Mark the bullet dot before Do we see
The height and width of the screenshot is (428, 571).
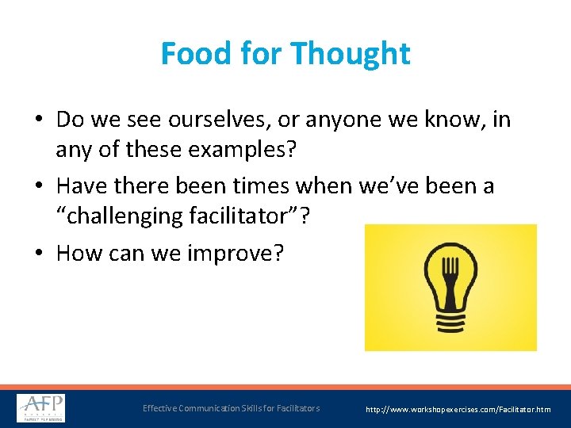(40, 121)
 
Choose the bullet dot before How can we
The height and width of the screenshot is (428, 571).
(40, 253)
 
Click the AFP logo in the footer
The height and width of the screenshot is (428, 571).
(41, 408)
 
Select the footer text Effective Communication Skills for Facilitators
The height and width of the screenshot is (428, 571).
(231, 408)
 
